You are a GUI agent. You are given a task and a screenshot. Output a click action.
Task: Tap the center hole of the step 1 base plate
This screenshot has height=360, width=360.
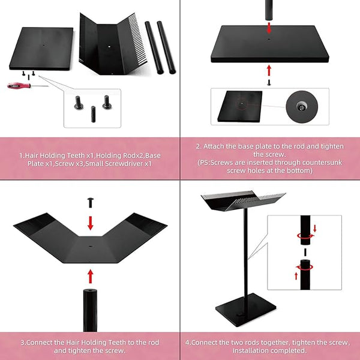coord(44,45)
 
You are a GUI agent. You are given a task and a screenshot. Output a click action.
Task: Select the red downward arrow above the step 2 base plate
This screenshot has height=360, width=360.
coord(269,28)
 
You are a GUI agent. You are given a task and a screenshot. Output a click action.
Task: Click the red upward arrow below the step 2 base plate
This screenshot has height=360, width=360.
coord(269,70)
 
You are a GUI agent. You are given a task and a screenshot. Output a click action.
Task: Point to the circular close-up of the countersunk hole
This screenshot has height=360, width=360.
coord(302,107)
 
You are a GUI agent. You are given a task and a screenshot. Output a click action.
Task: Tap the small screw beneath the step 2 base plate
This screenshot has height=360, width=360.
coord(269,82)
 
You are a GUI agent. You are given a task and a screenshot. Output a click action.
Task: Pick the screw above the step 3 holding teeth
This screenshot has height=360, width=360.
coord(91,203)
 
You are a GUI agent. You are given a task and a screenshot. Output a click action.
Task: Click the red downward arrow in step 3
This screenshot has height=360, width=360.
coord(91,223)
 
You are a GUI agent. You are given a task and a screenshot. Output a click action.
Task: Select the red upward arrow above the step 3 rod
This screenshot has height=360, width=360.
coord(91,276)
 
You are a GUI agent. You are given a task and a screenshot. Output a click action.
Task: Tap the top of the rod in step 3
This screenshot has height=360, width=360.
coord(90,291)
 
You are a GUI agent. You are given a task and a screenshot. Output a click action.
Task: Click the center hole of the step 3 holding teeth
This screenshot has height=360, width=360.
coord(90,246)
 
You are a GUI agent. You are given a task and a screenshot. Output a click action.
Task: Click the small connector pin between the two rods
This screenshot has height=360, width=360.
coord(305,253)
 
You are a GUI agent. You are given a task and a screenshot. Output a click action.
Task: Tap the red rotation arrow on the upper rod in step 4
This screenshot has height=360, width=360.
coord(305,236)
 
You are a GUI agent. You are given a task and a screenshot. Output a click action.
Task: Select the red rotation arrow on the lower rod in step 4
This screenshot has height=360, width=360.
coord(304,268)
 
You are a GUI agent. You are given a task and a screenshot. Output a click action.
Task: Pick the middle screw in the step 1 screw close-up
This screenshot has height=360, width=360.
coord(93,114)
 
